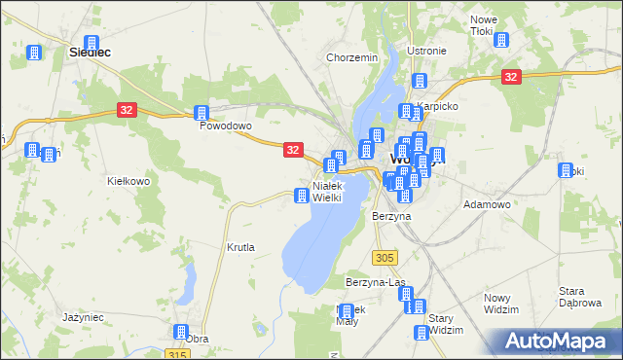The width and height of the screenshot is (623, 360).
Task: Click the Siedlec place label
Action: (x=88, y=54)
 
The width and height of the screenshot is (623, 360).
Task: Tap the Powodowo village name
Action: (x=226, y=126)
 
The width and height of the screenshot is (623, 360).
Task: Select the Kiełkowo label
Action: (x=128, y=181)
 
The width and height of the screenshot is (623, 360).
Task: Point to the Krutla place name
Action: (x=240, y=247)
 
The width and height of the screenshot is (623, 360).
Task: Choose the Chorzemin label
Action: (x=351, y=57)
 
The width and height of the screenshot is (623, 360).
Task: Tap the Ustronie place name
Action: (x=426, y=51)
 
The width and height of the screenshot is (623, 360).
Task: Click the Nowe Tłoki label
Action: (x=484, y=26)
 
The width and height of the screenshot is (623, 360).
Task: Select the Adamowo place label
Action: (x=488, y=204)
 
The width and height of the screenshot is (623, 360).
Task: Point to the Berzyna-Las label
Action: (x=375, y=282)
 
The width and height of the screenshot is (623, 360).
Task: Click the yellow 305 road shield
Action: (x=385, y=257)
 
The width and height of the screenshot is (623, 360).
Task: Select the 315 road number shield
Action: (x=175, y=354)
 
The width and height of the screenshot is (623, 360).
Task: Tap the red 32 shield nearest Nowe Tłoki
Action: (x=510, y=77)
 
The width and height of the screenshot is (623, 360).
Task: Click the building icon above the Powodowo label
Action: (x=202, y=113)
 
